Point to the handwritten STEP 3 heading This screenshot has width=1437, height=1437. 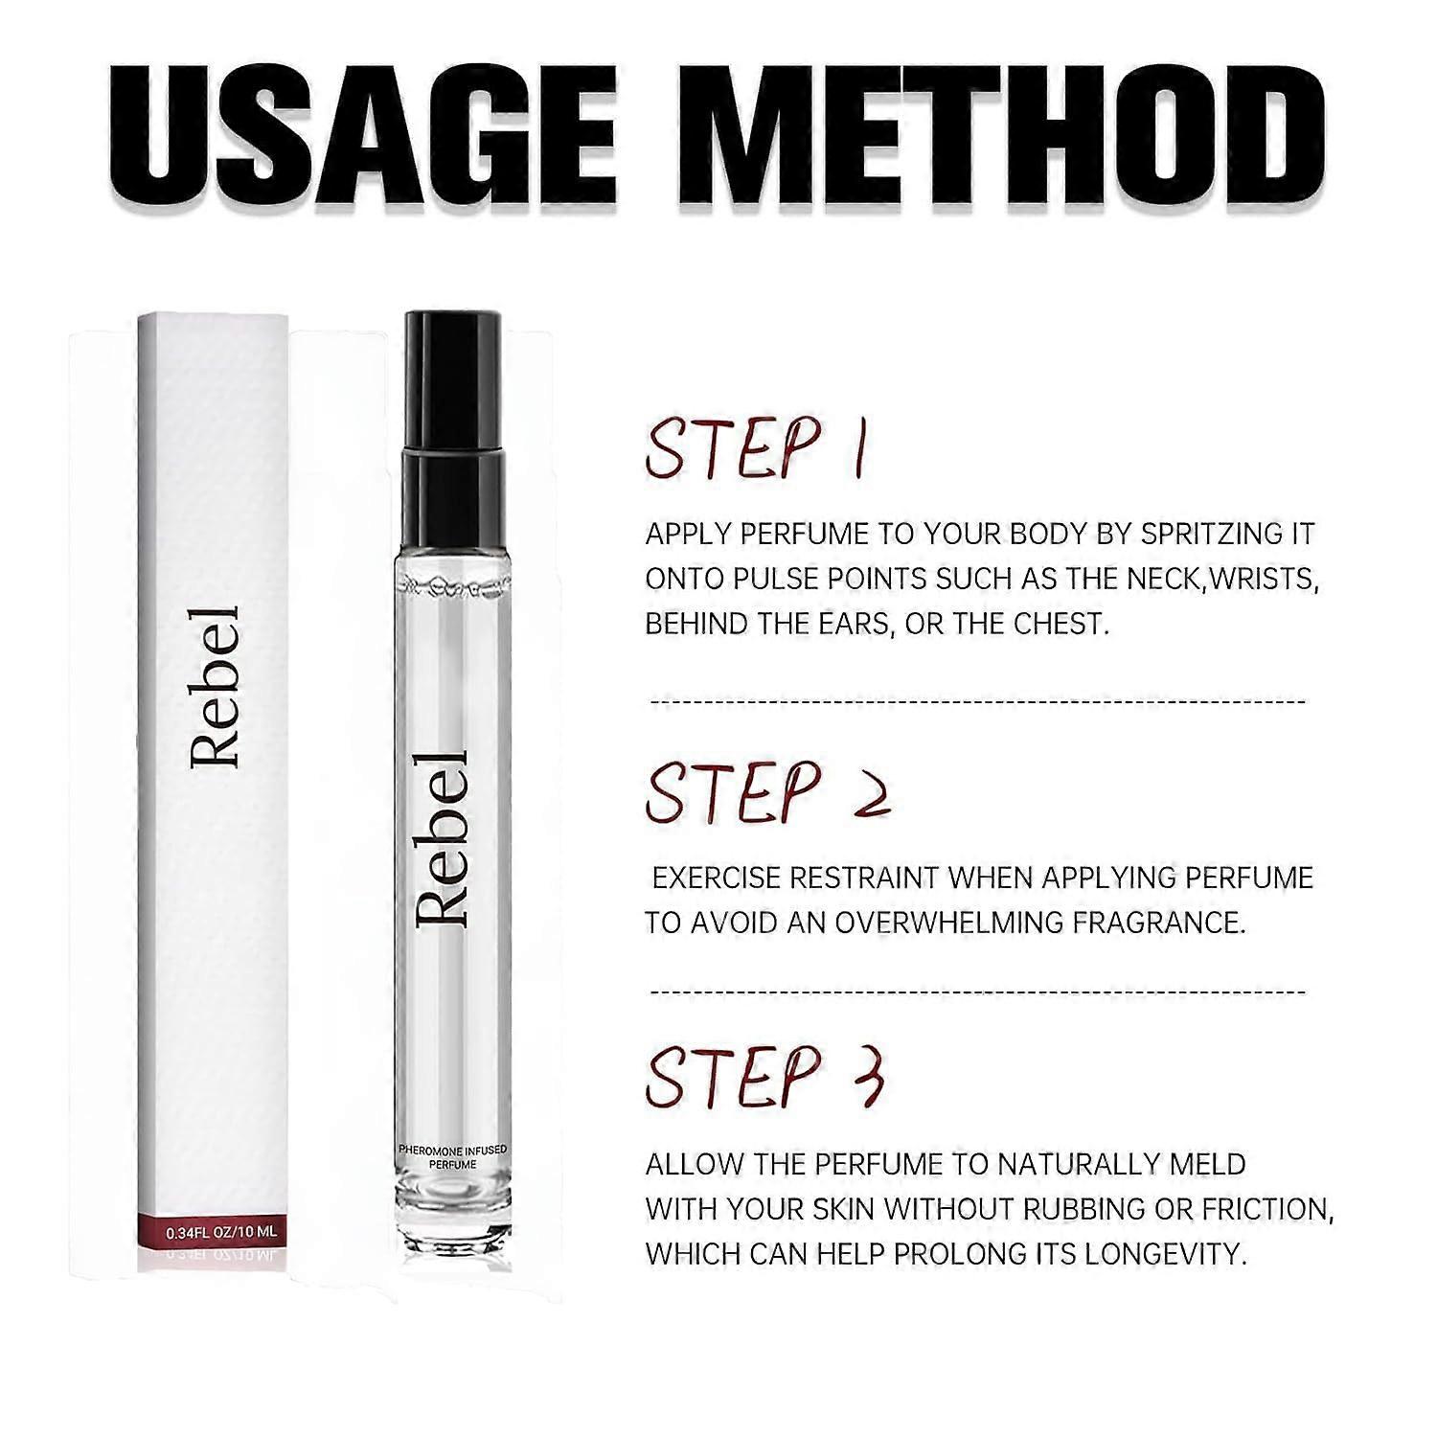[764, 1076]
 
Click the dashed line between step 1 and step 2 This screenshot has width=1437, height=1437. [978, 702]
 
